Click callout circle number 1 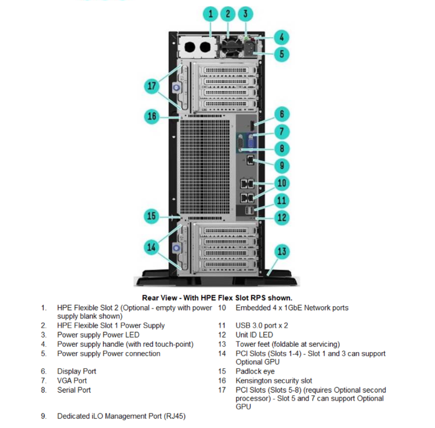point(211,14)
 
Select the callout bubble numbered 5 point(281,55)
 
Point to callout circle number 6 point(281,114)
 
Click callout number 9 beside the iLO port point(281,165)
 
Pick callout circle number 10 point(281,183)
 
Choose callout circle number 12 point(281,218)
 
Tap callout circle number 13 point(281,252)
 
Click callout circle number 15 point(152,216)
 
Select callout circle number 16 point(152,116)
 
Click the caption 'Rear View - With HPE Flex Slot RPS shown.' point(217,298)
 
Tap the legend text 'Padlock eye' point(255,371)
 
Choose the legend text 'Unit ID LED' point(254,335)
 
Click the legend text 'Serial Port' point(74,390)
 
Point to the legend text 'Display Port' point(77,371)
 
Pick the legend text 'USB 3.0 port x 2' point(262,325)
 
